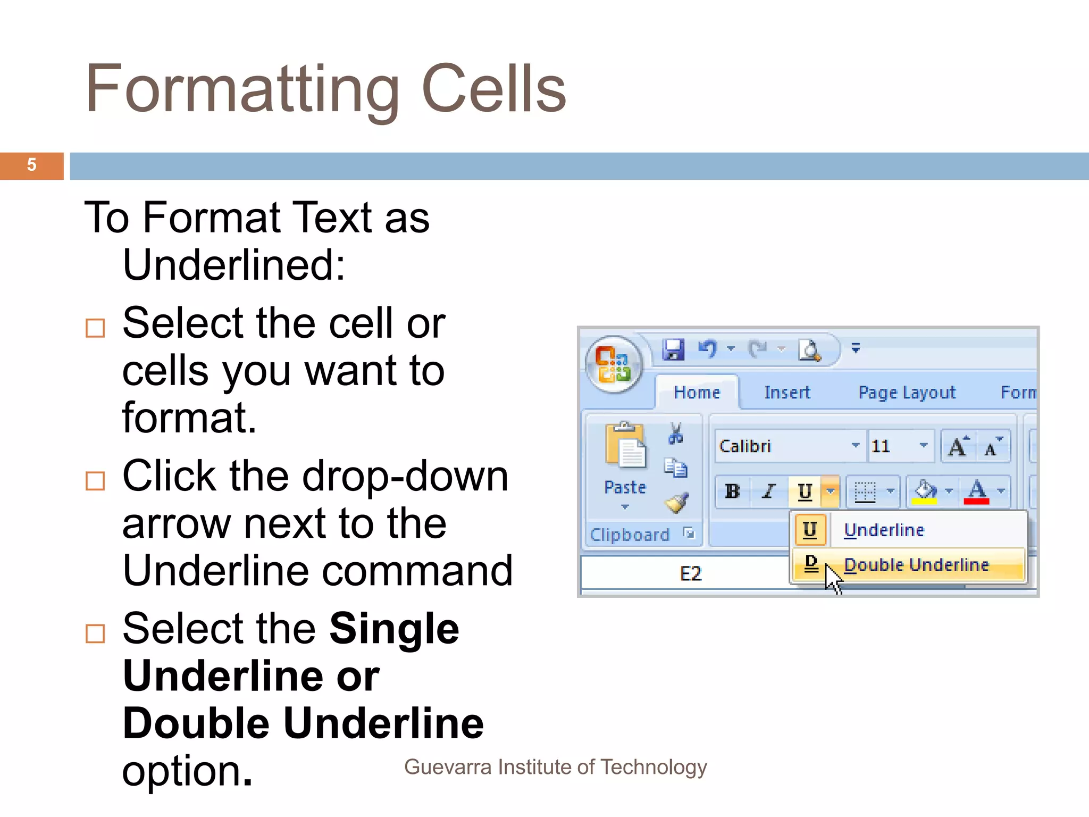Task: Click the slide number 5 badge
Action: click(31, 165)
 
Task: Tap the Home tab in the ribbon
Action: click(697, 393)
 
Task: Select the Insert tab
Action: click(787, 393)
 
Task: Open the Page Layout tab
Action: click(907, 393)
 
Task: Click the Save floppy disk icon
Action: click(673, 349)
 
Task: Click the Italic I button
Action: click(768, 491)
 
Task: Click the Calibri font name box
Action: click(782, 446)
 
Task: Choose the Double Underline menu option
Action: click(916, 565)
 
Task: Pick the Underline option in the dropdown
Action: click(884, 530)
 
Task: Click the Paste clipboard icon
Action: click(625, 447)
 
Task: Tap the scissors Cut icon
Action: click(676, 433)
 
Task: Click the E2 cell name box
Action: click(690, 573)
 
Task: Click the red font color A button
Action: click(977, 491)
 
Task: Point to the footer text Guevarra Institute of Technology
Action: click(555, 767)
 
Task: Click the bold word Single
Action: click(394, 629)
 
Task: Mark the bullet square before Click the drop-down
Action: click(95, 481)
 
